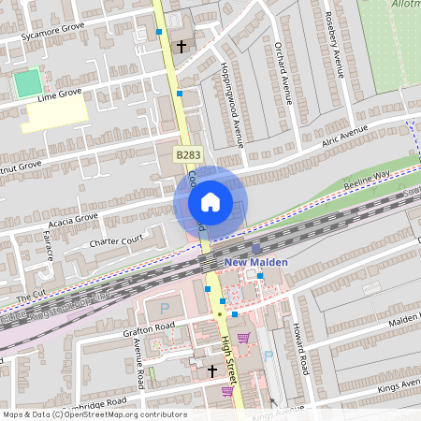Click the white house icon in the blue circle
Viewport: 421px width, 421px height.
[210, 201]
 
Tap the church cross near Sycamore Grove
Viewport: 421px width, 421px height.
[181, 44]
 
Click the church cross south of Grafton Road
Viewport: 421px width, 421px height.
[211, 371]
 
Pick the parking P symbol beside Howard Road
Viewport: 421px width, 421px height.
[268, 355]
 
